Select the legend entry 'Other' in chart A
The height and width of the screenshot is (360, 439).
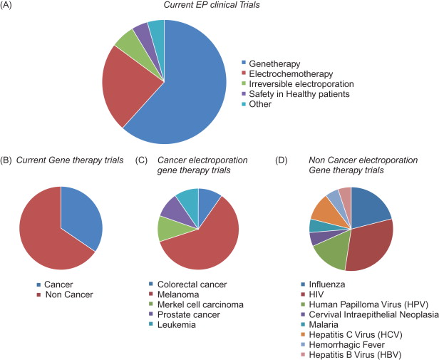tap(260, 104)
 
